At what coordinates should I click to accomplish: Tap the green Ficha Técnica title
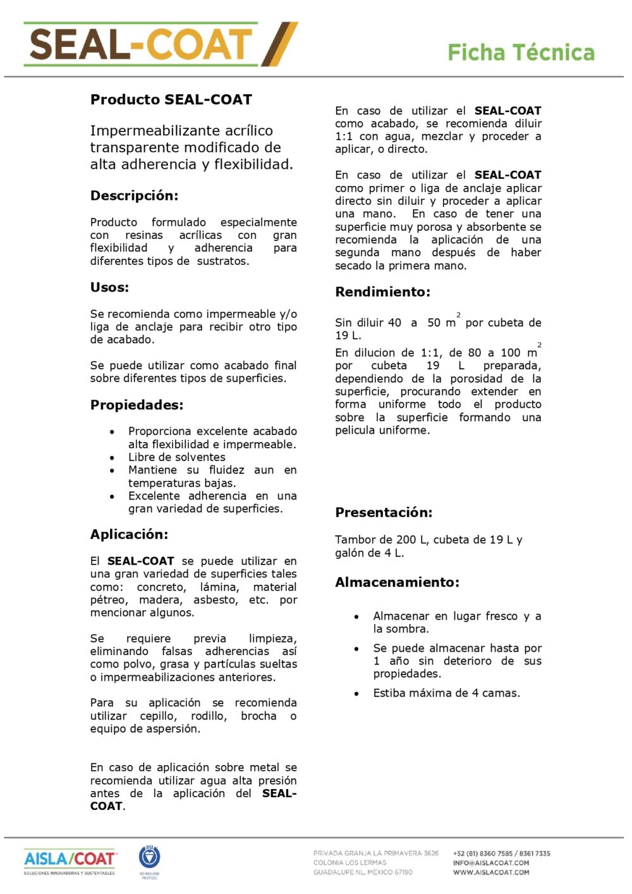(x=521, y=52)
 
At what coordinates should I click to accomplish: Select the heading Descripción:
(x=134, y=196)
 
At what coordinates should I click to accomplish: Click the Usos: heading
(x=109, y=288)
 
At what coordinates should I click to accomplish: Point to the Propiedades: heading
(x=137, y=405)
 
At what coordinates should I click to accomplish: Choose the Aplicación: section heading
(x=129, y=535)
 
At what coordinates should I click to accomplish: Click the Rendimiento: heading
(x=382, y=292)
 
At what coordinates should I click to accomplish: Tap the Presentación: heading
(x=384, y=513)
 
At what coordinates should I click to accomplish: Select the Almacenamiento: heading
(x=397, y=582)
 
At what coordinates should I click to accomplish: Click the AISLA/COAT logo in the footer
(x=70, y=860)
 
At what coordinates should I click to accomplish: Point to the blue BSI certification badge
(x=150, y=858)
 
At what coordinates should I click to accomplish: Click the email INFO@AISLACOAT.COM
(x=491, y=863)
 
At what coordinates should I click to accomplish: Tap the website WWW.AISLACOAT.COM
(x=491, y=873)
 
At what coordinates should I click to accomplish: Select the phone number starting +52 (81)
(x=501, y=854)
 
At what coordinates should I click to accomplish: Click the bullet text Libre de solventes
(x=177, y=457)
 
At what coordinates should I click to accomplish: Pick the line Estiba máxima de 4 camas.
(x=446, y=694)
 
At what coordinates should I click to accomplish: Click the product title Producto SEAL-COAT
(x=171, y=100)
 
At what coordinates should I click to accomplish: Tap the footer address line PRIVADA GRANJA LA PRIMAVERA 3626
(x=376, y=854)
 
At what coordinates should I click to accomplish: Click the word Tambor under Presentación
(x=353, y=540)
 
